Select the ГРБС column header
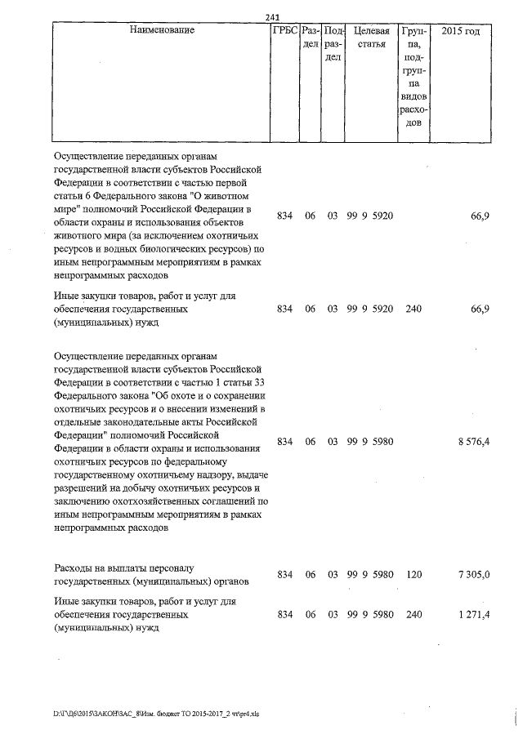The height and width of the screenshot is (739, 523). [x=284, y=30]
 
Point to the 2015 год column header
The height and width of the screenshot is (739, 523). [x=461, y=30]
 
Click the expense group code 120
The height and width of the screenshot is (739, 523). [x=413, y=575]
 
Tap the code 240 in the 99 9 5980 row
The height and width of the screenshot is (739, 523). [x=413, y=614]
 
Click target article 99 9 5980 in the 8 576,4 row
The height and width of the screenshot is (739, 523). [x=370, y=442]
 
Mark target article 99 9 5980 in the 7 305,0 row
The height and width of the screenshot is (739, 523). [x=370, y=575]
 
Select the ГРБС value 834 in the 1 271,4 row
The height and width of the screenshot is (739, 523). [x=284, y=614]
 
